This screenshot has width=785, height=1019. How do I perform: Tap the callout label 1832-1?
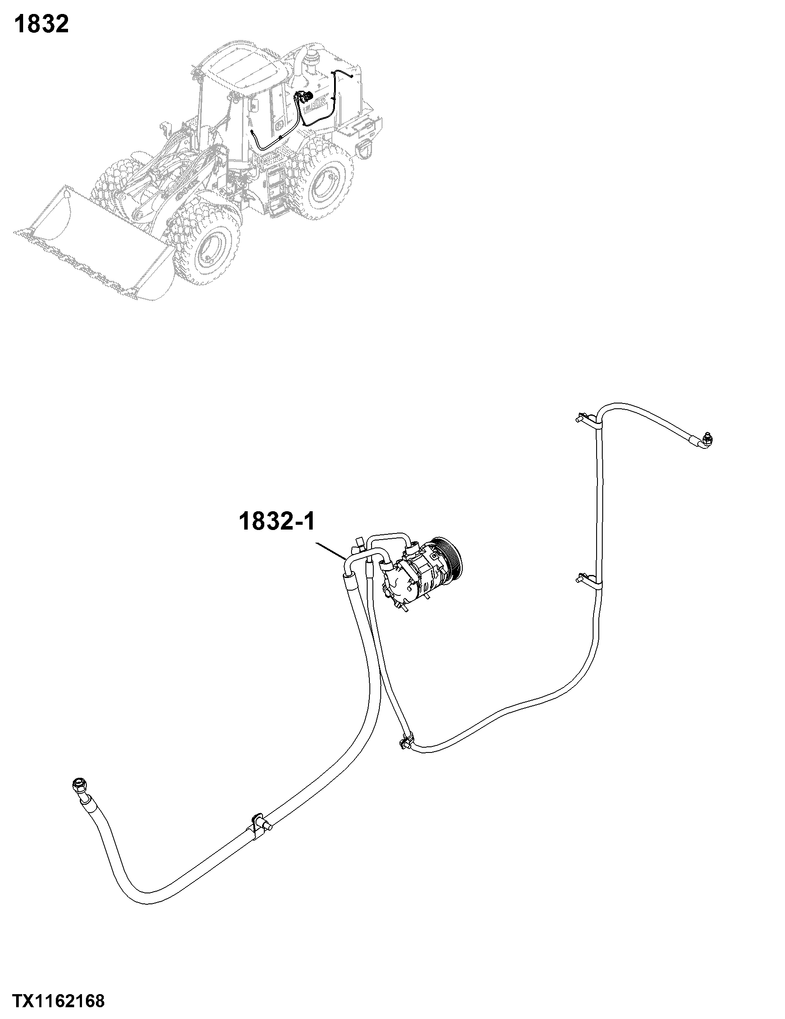pyautogui.click(x=277, y=521)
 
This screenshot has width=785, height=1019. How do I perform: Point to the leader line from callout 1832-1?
pyautogui.click(x=331, y=551)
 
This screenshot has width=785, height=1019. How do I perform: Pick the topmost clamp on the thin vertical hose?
pyautogui.click(x=589, y=418)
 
